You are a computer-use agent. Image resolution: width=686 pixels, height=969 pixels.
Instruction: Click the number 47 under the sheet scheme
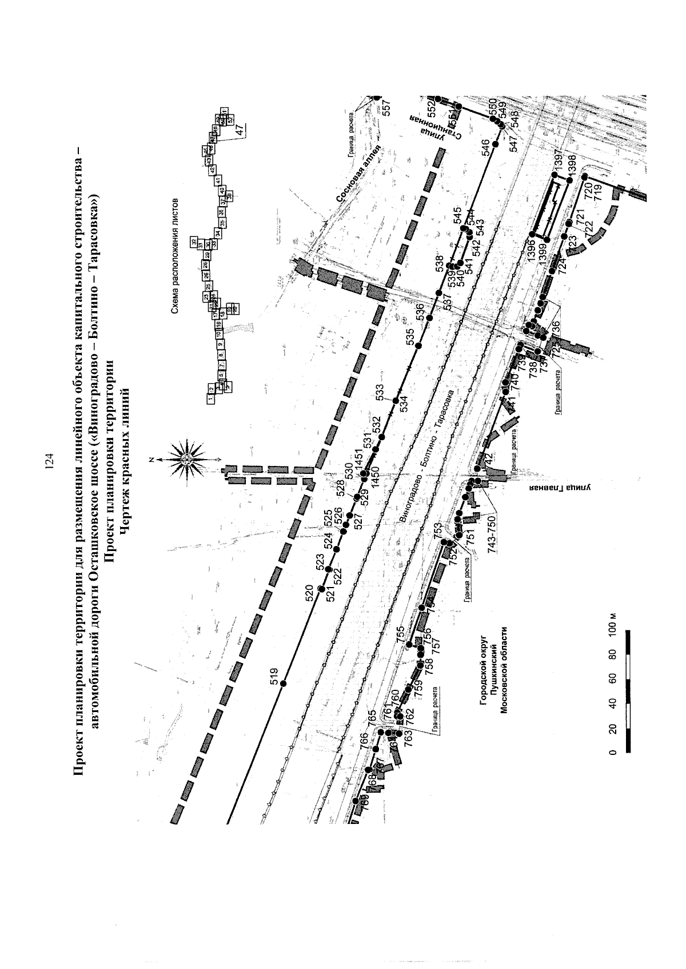click(239, 130)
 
